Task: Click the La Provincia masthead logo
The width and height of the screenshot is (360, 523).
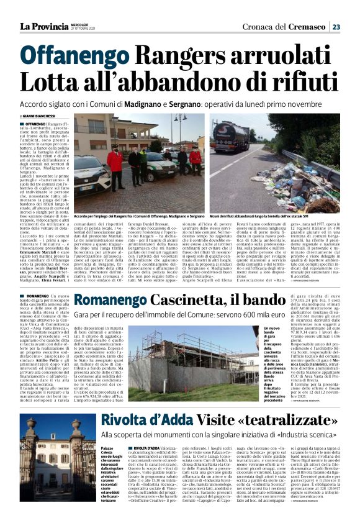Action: click(x=44, y=26)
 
